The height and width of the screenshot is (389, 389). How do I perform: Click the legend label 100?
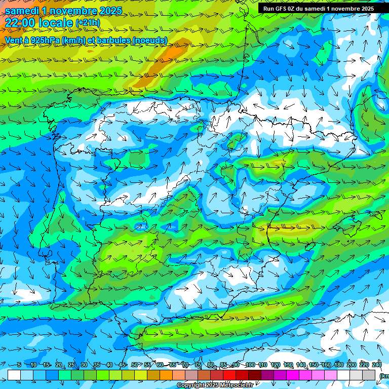tap(250, 365)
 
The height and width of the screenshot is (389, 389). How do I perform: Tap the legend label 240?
tap(376, 365)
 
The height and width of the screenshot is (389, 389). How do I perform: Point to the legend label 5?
tap(19, 365)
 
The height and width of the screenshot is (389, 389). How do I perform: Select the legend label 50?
tap(134, 365)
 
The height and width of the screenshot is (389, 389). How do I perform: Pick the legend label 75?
tap(198, 365)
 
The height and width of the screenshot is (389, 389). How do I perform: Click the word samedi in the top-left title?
tap(23, 10)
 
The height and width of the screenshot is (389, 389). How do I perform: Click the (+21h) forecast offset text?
tap(88, 23)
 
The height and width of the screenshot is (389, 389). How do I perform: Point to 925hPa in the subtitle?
tap(43, 41)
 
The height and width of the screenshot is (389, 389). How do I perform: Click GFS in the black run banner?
tap(282, 9)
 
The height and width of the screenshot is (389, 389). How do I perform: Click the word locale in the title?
tap(57, 23)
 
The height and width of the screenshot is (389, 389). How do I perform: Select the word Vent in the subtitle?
tap(14, 41)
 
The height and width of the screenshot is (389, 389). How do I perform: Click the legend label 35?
tap(96, 365)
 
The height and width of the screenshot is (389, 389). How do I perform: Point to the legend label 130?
tap(288, 365)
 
